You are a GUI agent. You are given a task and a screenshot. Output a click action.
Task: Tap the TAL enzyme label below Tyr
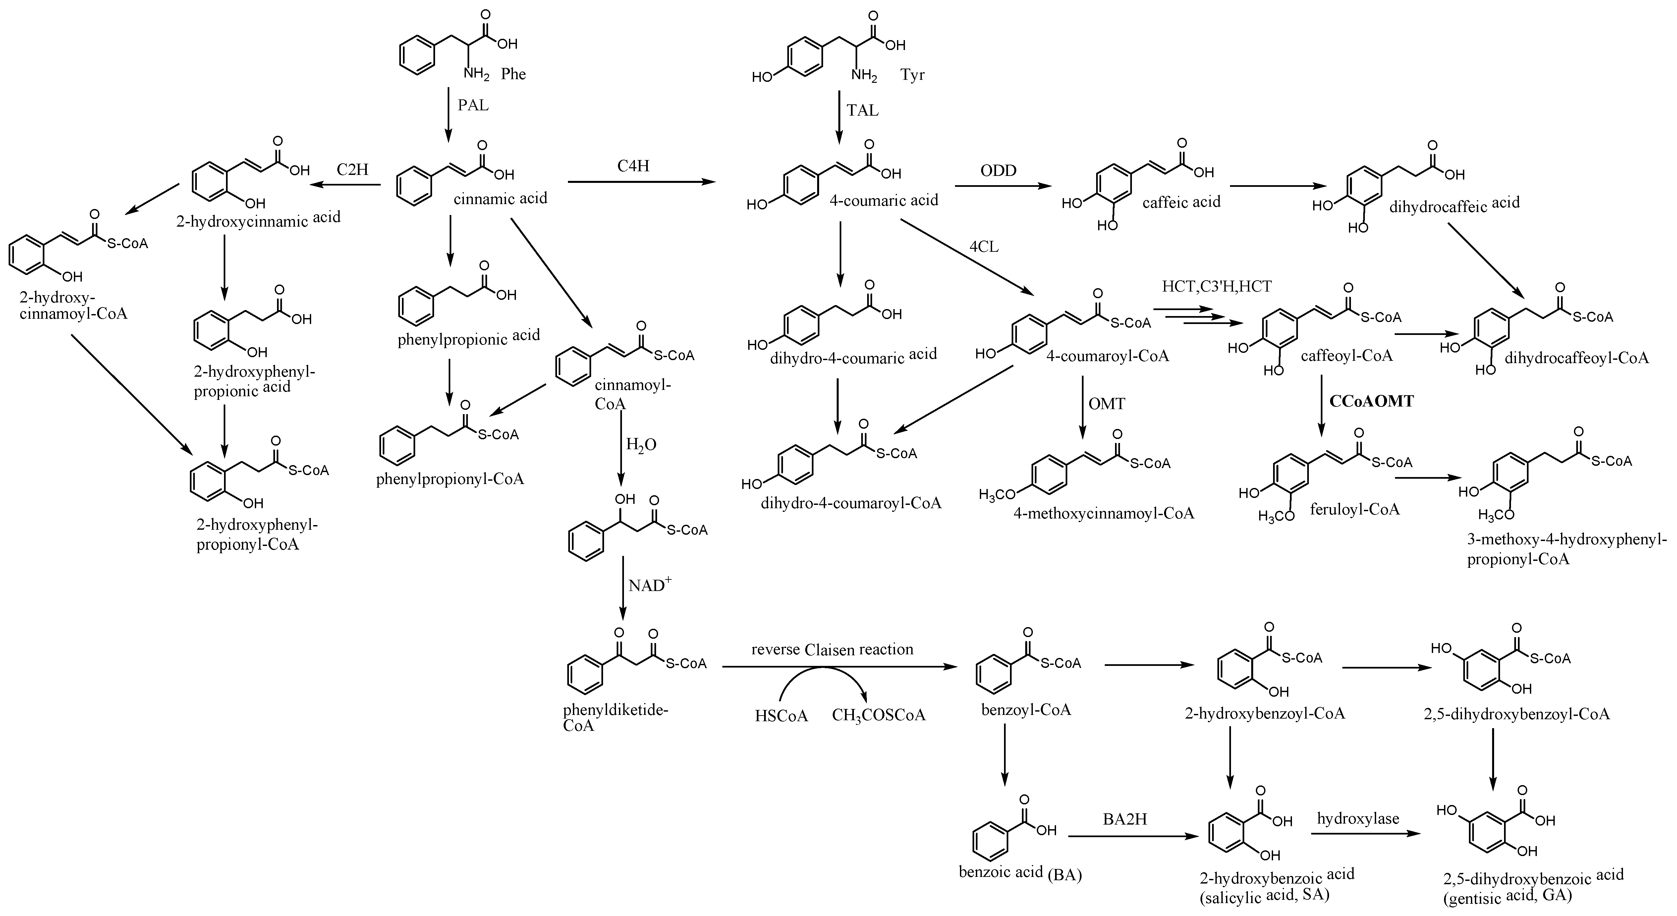(x=863, y=110)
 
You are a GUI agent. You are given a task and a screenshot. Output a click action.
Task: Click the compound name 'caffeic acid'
(x=1181, y=202)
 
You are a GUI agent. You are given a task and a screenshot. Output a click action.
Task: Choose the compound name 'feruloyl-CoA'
(x=1354, y=509)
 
